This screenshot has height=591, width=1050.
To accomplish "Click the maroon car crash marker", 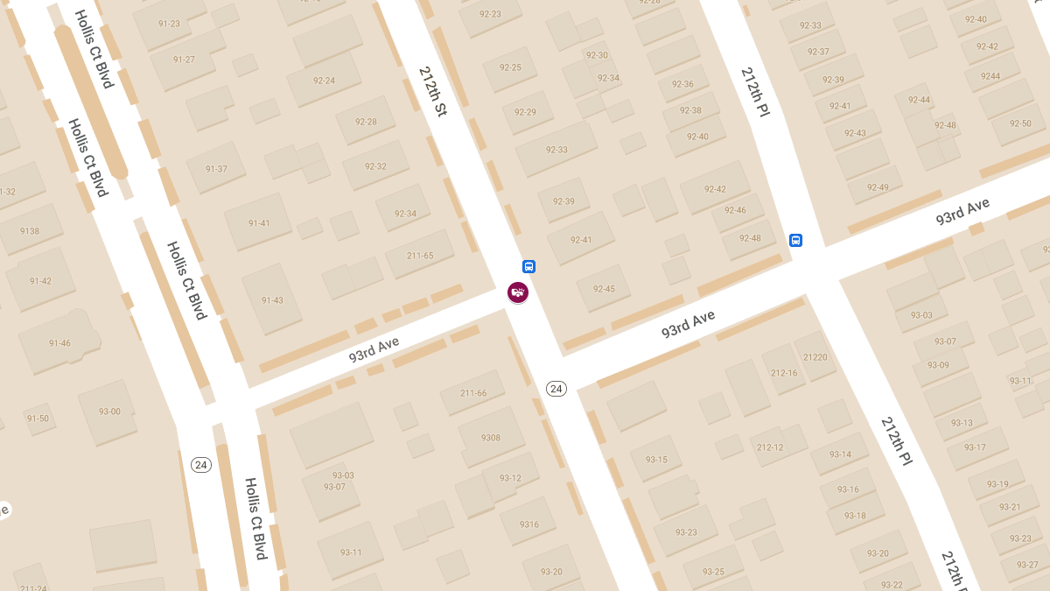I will [x=518, y=292].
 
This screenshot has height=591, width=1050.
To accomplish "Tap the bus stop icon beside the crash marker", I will [x=528, y=267].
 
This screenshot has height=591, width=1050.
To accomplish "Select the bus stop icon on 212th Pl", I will [x=795, y=240].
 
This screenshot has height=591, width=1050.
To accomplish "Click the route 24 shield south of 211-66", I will [x=556, y=388].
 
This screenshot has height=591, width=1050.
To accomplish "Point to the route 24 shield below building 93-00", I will [x=201, y=465].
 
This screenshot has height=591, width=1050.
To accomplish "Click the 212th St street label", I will [x=433, y=92].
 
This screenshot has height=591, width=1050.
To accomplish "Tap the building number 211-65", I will [x=420, y=256].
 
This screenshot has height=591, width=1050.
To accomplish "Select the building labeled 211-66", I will [x=473, y=393].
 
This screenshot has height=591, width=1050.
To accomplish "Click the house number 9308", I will [x=491, y=438].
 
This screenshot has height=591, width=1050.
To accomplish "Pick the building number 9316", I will [x=529, y=524].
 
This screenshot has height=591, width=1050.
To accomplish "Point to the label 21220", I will [x=815, y=357].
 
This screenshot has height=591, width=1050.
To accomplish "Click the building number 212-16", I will [x=784, y=373].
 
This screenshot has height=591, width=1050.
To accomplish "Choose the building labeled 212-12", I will [x=770, y=447].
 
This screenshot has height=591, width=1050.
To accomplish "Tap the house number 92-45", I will [x=604, y=289].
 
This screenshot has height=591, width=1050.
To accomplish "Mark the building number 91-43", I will [x=272, y=300].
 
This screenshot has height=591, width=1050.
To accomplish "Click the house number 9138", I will [x=30, y=231].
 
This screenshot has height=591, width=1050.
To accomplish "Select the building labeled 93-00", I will [x=109, y=412].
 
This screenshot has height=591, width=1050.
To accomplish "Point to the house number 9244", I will [x=990, y=76].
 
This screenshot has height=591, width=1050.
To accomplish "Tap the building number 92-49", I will [x=878, y=187].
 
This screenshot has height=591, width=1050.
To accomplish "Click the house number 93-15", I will [x=656, y=460].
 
